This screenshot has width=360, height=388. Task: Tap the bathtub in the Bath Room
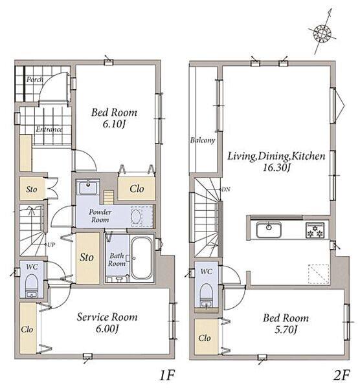[141, 258]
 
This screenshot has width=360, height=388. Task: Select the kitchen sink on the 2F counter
[269, 230]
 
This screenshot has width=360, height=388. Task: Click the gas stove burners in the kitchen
[315, 230]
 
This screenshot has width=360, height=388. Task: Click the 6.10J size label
[113, 124]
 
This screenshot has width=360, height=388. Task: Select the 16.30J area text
[276, 168]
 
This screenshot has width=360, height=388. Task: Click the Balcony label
[203, 140]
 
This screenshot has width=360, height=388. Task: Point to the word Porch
[35, 80]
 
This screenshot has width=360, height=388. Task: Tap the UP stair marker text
[51, 244]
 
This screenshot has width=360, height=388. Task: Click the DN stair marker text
[226, 189]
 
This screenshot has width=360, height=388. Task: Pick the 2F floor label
[341, 376]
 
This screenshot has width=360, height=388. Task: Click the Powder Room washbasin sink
[88, 188]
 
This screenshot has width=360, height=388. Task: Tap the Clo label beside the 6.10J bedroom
[137, 189]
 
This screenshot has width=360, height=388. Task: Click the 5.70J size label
[286, 330]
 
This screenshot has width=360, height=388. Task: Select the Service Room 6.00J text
[107, 323]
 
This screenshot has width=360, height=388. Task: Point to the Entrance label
[49, 129]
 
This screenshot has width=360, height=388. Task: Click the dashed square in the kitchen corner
[319, 274]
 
